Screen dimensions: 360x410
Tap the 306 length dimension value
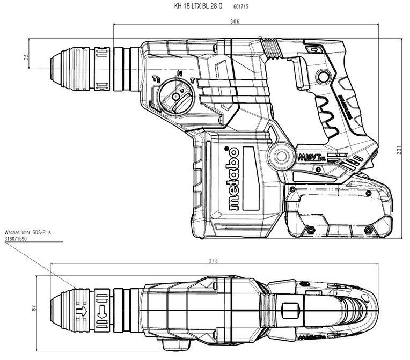point(234,22)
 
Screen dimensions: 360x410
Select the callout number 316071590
point(17,238)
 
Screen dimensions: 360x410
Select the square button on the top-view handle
point(290,311)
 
